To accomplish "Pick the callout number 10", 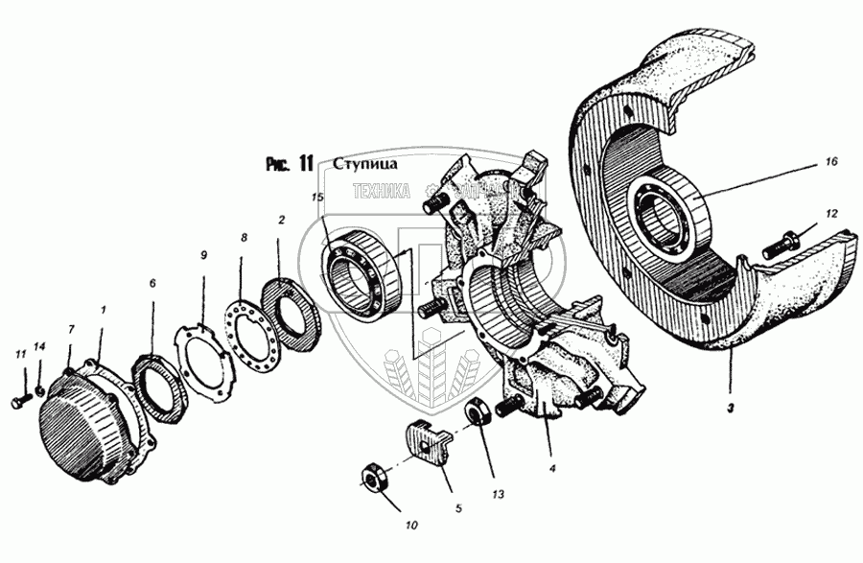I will (x=411, y=526).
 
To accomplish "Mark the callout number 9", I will (x=202, y=255).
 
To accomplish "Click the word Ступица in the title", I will (x=360, y=164).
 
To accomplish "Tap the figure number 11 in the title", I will (x=303, y=163).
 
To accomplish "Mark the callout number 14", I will (x=38, y=345).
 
